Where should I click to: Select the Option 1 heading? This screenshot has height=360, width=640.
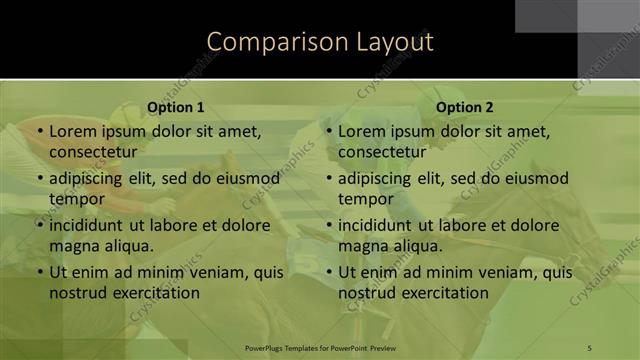tap(176, 107)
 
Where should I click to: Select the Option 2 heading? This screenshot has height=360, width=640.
tap(465, 107)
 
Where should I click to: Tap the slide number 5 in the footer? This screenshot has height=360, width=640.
tap(590, 347)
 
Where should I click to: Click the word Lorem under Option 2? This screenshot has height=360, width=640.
tap(361, 131)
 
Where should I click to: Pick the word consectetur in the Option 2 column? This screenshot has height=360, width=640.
tap(382, 152)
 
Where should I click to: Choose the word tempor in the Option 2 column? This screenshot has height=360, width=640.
tap(365, 198)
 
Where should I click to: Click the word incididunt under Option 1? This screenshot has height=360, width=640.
tap(92, 225)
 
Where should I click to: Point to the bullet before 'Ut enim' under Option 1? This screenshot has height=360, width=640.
tap(40, 272)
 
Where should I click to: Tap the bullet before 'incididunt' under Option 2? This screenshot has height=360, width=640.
tap(329, 225)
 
